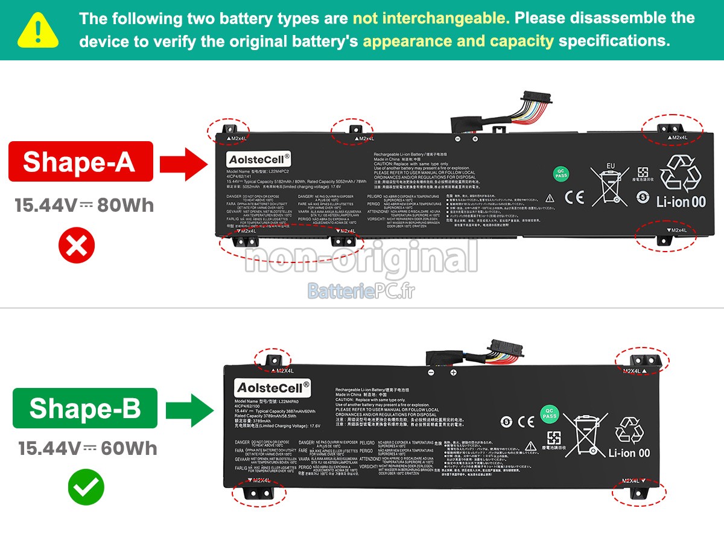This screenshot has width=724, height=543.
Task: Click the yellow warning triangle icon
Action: pos(38,30)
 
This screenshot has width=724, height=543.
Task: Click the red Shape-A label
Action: pos(80,162)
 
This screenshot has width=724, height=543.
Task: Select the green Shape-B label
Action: pos(84,408)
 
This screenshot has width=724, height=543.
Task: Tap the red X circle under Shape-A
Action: pos(77,246)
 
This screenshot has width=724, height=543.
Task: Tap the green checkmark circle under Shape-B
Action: pos(86,487)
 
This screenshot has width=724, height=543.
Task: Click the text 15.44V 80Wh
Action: pos(84,206)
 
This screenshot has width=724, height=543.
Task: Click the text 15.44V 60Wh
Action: pos(87,448)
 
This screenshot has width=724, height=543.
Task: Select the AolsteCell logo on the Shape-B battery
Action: pos(273,387)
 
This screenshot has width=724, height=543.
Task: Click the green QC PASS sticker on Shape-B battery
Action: pos(549,413)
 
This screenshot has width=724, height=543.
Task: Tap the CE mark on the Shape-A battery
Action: pos(574,197)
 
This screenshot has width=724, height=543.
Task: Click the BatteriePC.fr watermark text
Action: pos(361,291)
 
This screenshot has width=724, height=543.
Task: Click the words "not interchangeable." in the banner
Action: pos(431,18)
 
